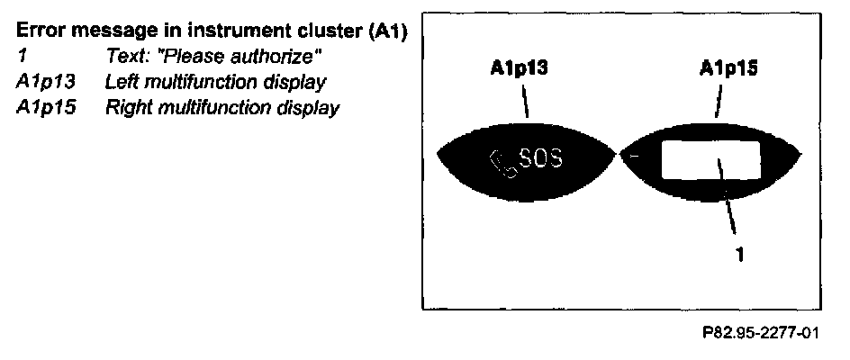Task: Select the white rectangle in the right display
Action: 711,160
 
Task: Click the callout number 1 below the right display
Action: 739,256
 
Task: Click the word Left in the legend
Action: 121,83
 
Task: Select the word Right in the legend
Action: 126,108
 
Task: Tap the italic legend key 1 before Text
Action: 21,58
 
